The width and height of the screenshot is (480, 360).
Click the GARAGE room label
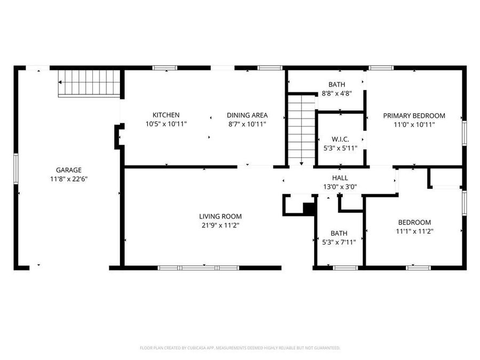click(x=69, y=170)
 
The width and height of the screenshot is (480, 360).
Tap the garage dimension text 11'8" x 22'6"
click(x=69, y=179)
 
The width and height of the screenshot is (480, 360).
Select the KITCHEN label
click(x=166, y=115)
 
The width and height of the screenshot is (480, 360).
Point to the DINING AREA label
click(x=247, y=115)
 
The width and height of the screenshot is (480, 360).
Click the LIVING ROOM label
click(x=220, y=216)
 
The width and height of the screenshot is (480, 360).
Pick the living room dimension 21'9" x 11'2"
click(x=220, y=225)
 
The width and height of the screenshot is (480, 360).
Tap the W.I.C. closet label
click(x=340, y=139)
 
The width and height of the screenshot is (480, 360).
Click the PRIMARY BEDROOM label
click(x=414, y=115)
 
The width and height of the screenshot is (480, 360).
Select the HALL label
click(x=340, y=178)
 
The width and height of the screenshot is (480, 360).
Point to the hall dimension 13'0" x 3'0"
click(x=340, y=187)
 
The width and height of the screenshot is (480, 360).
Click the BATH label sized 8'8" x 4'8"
click(x=337, y=84)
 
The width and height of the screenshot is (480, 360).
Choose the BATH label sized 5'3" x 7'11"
click(x=339, y=233)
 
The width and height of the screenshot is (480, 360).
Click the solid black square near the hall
click(x=309, y=208)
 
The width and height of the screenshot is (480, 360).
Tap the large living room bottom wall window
click(x=198, y=267)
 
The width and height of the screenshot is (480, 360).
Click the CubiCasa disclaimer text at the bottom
click(x=239, y=348)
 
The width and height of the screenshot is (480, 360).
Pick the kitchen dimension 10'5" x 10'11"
click(x=166, y=124)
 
